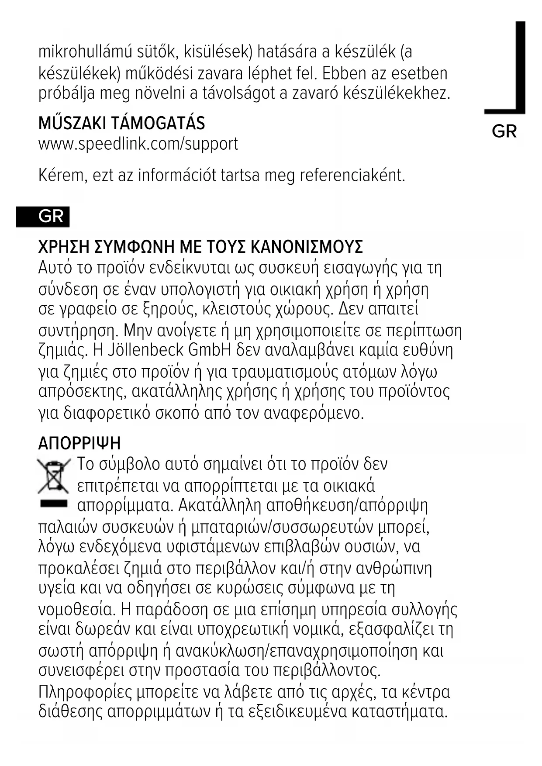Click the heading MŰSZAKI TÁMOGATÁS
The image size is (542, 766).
click(x=121, y=124)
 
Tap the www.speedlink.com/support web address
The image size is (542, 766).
click(x=138, y=144)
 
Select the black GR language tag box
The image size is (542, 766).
click(x=43, y=217)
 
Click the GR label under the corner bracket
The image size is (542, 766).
click(x=504, y=131)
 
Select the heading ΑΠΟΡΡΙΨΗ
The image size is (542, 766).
click(x=79, y=444)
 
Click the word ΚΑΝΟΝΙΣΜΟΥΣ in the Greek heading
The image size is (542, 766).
click(x=307, y=247)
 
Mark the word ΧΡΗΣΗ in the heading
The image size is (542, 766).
click(x=64, y=247)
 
